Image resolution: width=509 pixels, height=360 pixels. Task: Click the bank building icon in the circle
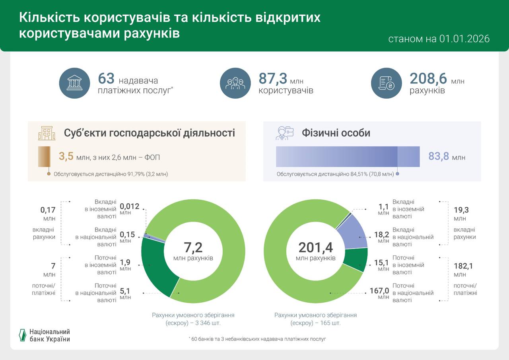(75, 83)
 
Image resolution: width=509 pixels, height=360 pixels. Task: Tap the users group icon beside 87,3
(235, 83)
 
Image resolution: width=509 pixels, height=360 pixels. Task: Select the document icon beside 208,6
(387, 83)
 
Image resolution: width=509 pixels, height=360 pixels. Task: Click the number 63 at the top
(106, 78)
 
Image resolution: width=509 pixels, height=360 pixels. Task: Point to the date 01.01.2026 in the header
(464, 39)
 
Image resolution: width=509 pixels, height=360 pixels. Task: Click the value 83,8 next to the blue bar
(439, 156)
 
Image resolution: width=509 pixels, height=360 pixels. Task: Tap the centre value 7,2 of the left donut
(193, 247)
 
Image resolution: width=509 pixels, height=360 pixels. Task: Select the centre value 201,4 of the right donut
(316, 247)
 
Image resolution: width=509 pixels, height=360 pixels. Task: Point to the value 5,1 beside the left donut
(125, 291)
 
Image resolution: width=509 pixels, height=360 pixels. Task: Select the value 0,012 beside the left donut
(130, 206)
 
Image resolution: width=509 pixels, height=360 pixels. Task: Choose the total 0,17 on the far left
(48, 210)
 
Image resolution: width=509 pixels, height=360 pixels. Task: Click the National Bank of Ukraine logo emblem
(23, 335)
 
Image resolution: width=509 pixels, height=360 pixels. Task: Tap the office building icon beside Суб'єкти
(47, 133)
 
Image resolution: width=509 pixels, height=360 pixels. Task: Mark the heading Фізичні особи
(336, 133)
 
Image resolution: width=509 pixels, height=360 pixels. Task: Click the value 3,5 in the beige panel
(66, 156)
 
